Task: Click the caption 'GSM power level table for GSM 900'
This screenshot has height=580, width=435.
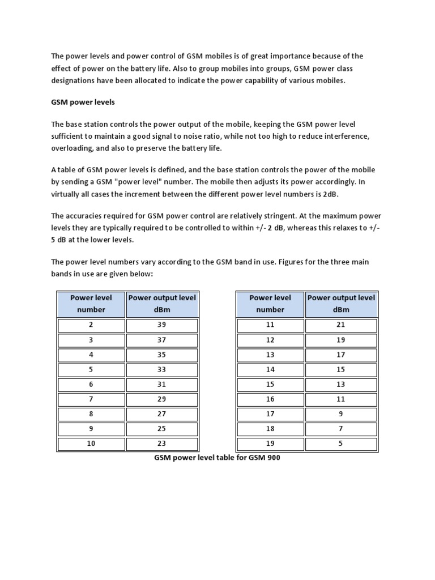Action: tap(217, 458)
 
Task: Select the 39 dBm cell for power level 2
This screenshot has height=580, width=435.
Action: tap(161, 325)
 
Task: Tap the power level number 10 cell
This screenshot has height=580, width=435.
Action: tap(91, 443)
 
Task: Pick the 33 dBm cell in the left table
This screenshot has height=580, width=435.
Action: tap(161, 370)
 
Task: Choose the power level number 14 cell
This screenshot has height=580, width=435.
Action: tap(270, 370)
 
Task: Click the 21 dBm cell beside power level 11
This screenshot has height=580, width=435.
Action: tap(340, 325)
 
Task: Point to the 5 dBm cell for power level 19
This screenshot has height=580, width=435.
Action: tap(340, 443)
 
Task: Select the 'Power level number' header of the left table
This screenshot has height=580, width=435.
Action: tap(91, 304)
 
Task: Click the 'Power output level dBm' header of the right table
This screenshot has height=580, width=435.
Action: tap(340, 304)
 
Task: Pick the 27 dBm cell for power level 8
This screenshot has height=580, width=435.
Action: tap(161, 414)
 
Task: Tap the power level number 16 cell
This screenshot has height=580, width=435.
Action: tap(270, 399)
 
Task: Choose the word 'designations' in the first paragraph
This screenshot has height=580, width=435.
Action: tap(75, 81)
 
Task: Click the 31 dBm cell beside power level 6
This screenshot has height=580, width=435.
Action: tap(161, 385)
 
